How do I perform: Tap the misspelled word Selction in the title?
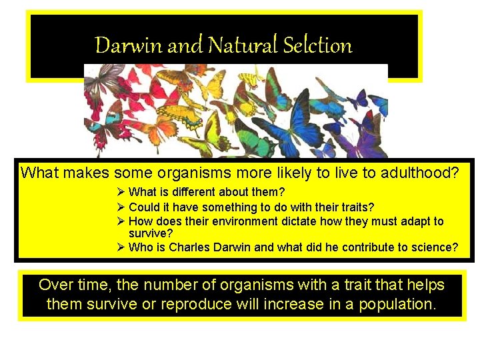[317, 45]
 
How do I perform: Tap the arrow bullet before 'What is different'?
[121, 193]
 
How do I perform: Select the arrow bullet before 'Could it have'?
[121, 207]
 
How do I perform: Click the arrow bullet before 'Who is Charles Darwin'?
[121, 247]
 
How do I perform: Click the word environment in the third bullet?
[223, 221]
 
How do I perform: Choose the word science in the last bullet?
[434, 247]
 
